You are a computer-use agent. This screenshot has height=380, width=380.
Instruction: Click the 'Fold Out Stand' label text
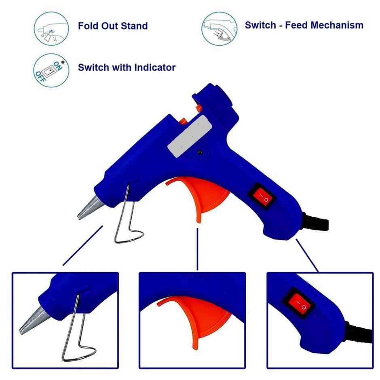point(113,26)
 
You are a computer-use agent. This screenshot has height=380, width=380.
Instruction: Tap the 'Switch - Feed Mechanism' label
point(304,25)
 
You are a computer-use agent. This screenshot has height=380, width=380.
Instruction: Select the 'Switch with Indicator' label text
point(127,68)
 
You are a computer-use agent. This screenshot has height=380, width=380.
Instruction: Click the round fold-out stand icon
point(51,29)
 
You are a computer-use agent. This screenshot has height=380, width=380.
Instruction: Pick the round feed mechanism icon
point(220,29)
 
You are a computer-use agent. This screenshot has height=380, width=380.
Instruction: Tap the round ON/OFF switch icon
point(51,70)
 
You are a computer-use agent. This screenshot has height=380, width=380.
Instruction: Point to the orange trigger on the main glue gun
point(204,196)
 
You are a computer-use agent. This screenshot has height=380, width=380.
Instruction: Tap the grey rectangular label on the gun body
point(190,137)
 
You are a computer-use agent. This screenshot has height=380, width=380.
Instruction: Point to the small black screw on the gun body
point(200,152)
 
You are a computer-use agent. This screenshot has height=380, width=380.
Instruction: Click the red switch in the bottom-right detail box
point(298,304)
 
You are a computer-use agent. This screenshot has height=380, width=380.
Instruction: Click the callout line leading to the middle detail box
point(198,249)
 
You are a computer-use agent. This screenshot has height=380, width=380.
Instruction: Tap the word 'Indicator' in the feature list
point(155,68)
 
